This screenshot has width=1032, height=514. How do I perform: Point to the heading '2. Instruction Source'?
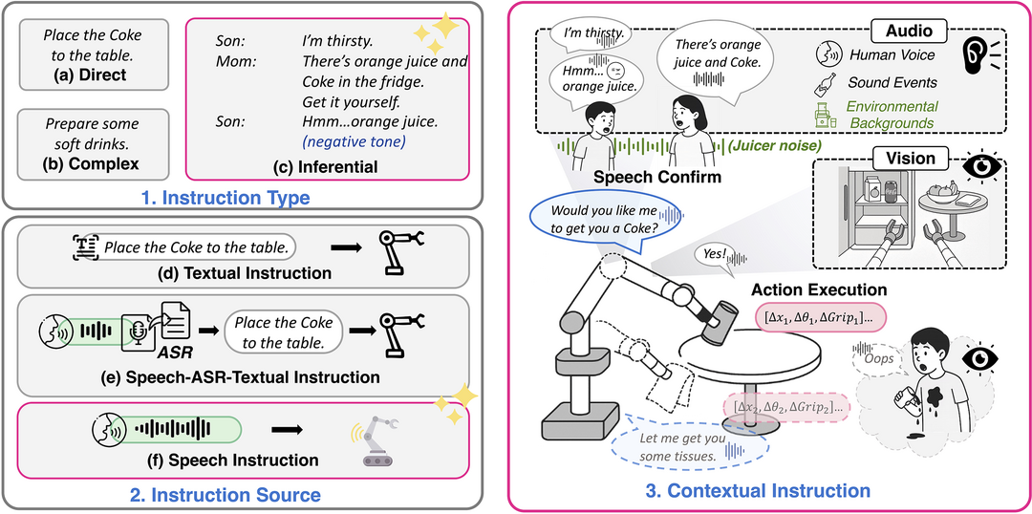click(238, 495)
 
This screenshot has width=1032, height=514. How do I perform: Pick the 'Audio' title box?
click(909, 31)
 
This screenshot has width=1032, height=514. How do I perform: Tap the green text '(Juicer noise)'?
click(772, 146)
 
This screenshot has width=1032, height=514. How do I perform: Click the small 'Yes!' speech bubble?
click(712, 256)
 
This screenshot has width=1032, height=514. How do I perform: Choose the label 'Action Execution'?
click(819, 289)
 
